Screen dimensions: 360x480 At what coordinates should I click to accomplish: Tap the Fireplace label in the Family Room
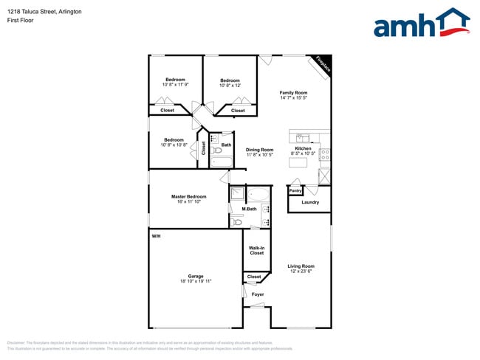(x=322, y=64)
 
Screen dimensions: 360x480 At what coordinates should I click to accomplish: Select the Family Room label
(x=293, y=92)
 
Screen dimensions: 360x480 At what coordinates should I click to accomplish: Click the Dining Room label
(x=259, y=150)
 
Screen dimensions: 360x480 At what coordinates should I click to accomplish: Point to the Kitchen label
(x=304, y=149)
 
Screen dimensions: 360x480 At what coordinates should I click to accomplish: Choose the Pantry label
(x=295, y=190)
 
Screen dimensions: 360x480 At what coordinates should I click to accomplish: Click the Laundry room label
(x=310, y=201)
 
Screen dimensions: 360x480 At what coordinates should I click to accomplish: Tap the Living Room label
(x=301, y=266)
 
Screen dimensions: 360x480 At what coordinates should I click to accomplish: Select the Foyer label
(x=257, y=294)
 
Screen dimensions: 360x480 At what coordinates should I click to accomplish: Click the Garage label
(x=196, y=276)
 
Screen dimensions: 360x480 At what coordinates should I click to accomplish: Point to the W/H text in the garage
(x=156, y=236)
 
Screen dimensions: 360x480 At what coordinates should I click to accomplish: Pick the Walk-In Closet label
(x=256, y=250)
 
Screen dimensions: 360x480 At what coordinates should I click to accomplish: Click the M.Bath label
(x=249, y=210)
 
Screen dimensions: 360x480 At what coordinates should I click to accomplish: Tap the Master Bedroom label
(x=188, y=196)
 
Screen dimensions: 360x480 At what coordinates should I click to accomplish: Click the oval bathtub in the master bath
(x=259, y=195)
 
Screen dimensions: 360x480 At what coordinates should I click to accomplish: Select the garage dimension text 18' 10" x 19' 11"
(x=196, y=281)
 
